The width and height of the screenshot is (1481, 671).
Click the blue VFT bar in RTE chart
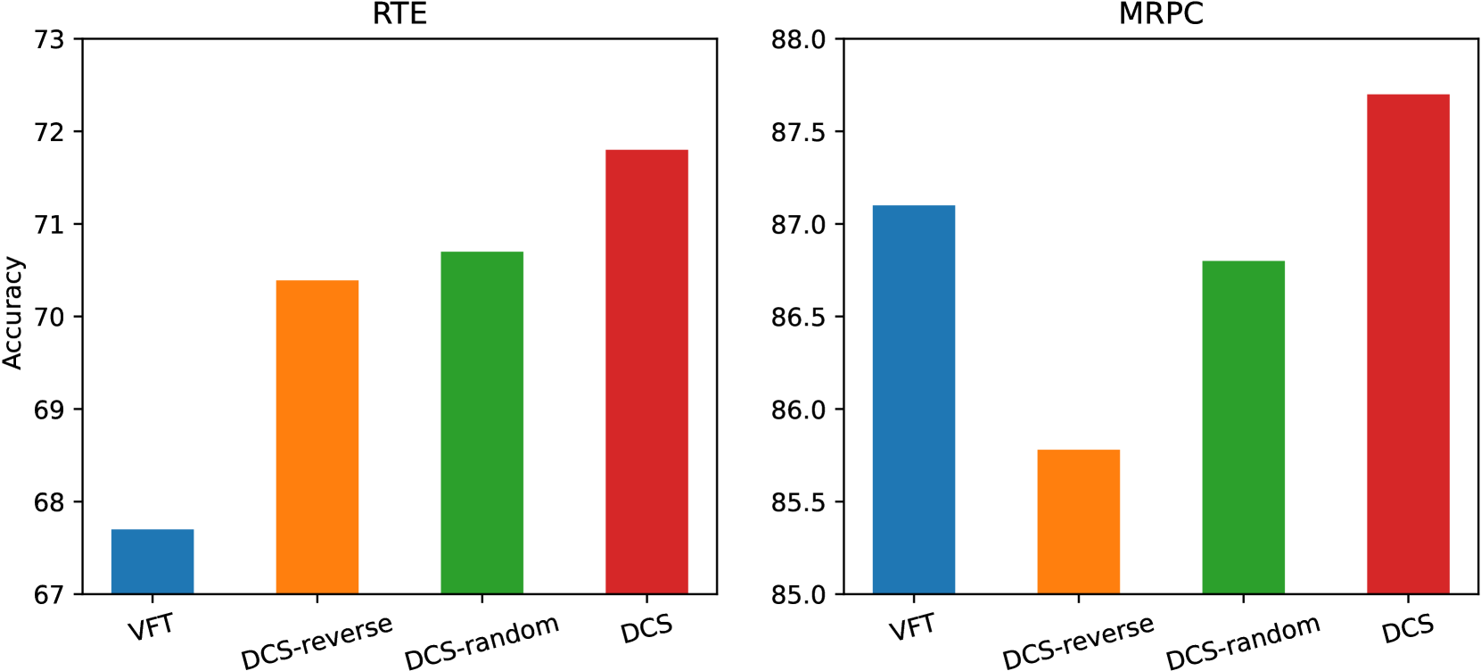[x=152, y=562]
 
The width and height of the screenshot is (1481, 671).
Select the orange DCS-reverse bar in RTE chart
[x=317, y=437]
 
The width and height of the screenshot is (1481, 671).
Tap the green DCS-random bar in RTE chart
[x=482, y=423]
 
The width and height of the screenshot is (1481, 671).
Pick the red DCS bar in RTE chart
[x=646, y=372]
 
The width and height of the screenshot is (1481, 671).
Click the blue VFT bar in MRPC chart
[x=914, y=400]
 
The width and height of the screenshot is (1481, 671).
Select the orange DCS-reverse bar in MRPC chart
[x=1079, y=522]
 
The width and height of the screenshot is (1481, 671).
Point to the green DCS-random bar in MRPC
[x=1243, y=427]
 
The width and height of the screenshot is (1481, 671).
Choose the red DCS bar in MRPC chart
[x=1408, y=344]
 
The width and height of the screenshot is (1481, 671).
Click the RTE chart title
[x=399, y=14]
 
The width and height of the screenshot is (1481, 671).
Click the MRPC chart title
[x=1161, y=14]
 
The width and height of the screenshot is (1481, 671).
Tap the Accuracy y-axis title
[x=12, y=313]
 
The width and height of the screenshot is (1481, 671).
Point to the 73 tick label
[x=49, y=40]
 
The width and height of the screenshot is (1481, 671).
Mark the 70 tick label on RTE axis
[x=49, y=318]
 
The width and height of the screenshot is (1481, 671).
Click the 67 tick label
[x=49, y=595]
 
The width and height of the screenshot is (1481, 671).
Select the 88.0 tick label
[x=798, y=40]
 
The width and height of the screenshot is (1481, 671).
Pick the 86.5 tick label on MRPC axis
[x=798, y=318]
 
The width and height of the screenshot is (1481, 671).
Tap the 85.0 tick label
[x=798, y=595]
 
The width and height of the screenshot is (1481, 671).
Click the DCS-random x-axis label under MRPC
[x=1243, y=642]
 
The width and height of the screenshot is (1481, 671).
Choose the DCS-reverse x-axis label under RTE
[x=317, y=642]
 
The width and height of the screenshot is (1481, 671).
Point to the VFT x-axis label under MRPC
[x=913, y=628]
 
